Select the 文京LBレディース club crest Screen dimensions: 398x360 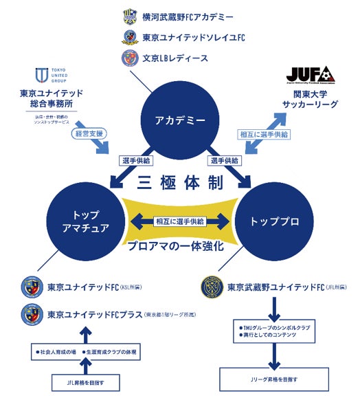coord(129,58)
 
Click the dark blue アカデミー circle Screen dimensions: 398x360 coord(181,120)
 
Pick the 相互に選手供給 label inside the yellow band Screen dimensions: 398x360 coord(180,221)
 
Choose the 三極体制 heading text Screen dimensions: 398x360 coord(181,184)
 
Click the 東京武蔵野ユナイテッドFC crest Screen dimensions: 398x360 coord(211,287)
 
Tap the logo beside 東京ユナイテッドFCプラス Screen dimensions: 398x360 coord(32,314)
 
